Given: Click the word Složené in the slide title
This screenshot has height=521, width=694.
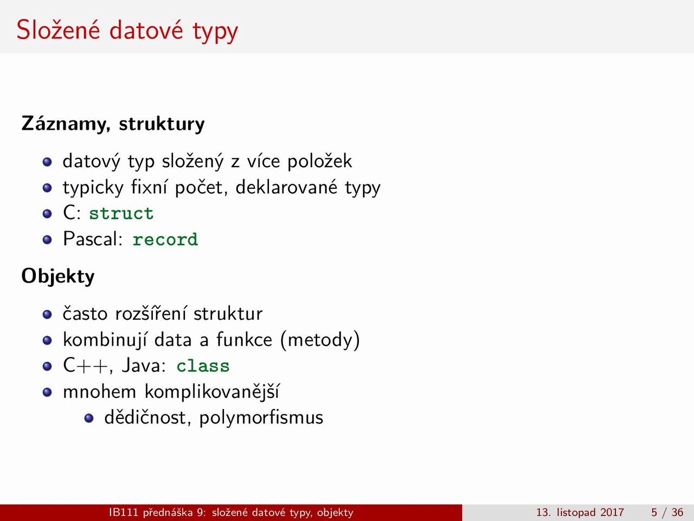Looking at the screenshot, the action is coord(58,30).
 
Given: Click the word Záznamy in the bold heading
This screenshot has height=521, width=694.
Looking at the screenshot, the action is coord(66,124).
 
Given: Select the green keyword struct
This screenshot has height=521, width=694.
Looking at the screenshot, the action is coord(121,213).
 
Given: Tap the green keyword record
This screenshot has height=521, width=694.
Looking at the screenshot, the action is coord(165,239).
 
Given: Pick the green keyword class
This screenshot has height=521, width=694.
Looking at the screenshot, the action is coord(203,366).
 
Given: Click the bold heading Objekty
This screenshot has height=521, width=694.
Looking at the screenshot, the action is coord(58,277).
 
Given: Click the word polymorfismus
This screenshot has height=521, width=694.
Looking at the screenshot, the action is coord(261,418).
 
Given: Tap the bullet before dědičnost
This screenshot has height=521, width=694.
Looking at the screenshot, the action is coord(89,418).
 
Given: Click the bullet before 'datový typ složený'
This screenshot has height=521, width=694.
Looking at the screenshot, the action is coord(47,162).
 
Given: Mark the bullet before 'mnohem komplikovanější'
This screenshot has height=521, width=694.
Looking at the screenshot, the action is coord(47,392).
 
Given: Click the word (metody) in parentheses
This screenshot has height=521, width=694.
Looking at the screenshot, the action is coord(320,340).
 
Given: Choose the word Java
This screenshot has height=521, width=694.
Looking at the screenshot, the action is coord(144,366).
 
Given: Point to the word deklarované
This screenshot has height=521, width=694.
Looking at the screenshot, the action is coord(286,188).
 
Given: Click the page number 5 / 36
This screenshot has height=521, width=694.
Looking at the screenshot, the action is coord(667,512).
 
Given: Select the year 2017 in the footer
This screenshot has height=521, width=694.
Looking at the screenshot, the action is coord(612,512).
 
